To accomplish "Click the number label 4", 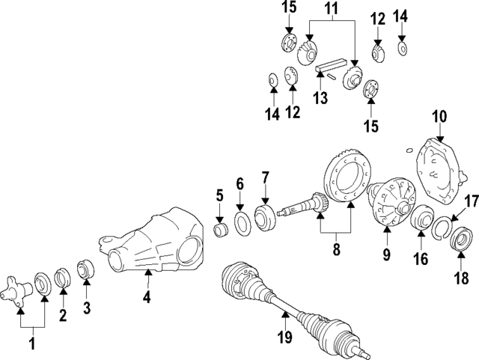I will coord(147,298).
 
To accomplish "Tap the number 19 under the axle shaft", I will coord(284,338).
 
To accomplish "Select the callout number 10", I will coord(439,116).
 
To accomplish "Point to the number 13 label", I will coord(320,99).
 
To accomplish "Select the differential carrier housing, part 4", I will coord(153,244).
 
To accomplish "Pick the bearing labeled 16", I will coord(419,222).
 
